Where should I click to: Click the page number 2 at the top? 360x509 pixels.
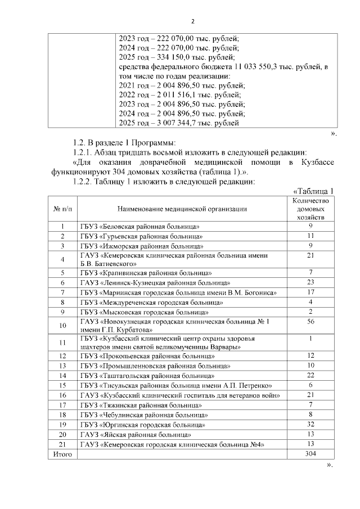pyautogui.click(x=192, y=22)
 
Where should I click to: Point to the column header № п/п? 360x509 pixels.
pyautogui.click(x=62, y=209)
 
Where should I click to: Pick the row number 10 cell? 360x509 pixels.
pyautogui.click(x=62, y=325)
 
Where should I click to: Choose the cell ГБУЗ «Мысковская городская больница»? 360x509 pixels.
pyautogui.click(x=145, y=312)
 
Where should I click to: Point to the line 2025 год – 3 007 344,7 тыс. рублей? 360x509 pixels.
pyautogui.click(x=179, y=123)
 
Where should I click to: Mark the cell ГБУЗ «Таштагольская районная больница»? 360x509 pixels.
pyautogui.click(x=147, y=375)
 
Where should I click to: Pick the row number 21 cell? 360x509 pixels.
pyautogui.click(x=62, y=444)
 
